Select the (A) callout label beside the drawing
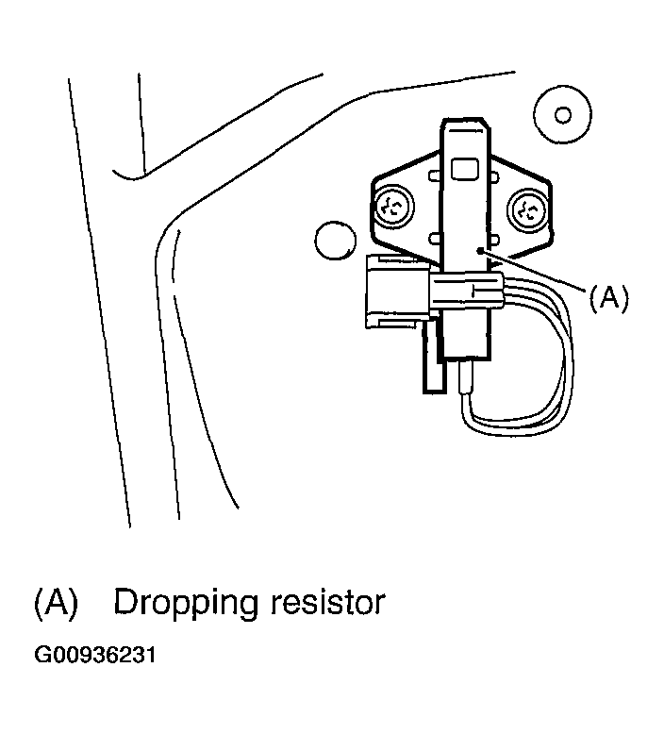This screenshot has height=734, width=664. coord(607,298)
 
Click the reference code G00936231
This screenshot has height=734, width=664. coord(95,654)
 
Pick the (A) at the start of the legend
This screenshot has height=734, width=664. coord(55,603)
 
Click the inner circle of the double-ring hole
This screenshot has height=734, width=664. coord(563,115)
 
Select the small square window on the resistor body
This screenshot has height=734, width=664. coord(466,168)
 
